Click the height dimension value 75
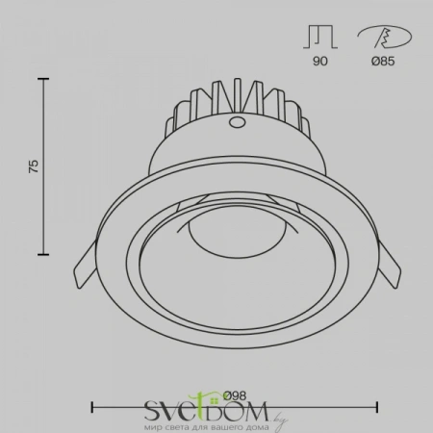click(x=34, y=166)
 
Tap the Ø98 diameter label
click(x=235, y=395)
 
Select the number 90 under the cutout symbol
click(x=320, y=61)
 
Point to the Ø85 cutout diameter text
click(x=383, y=61)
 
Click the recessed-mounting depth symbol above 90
click(x=320, y=38)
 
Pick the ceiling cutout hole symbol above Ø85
click(x=385, y=38)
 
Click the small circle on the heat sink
click(x=236, y=122)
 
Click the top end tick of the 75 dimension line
click(x=43, y=79)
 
